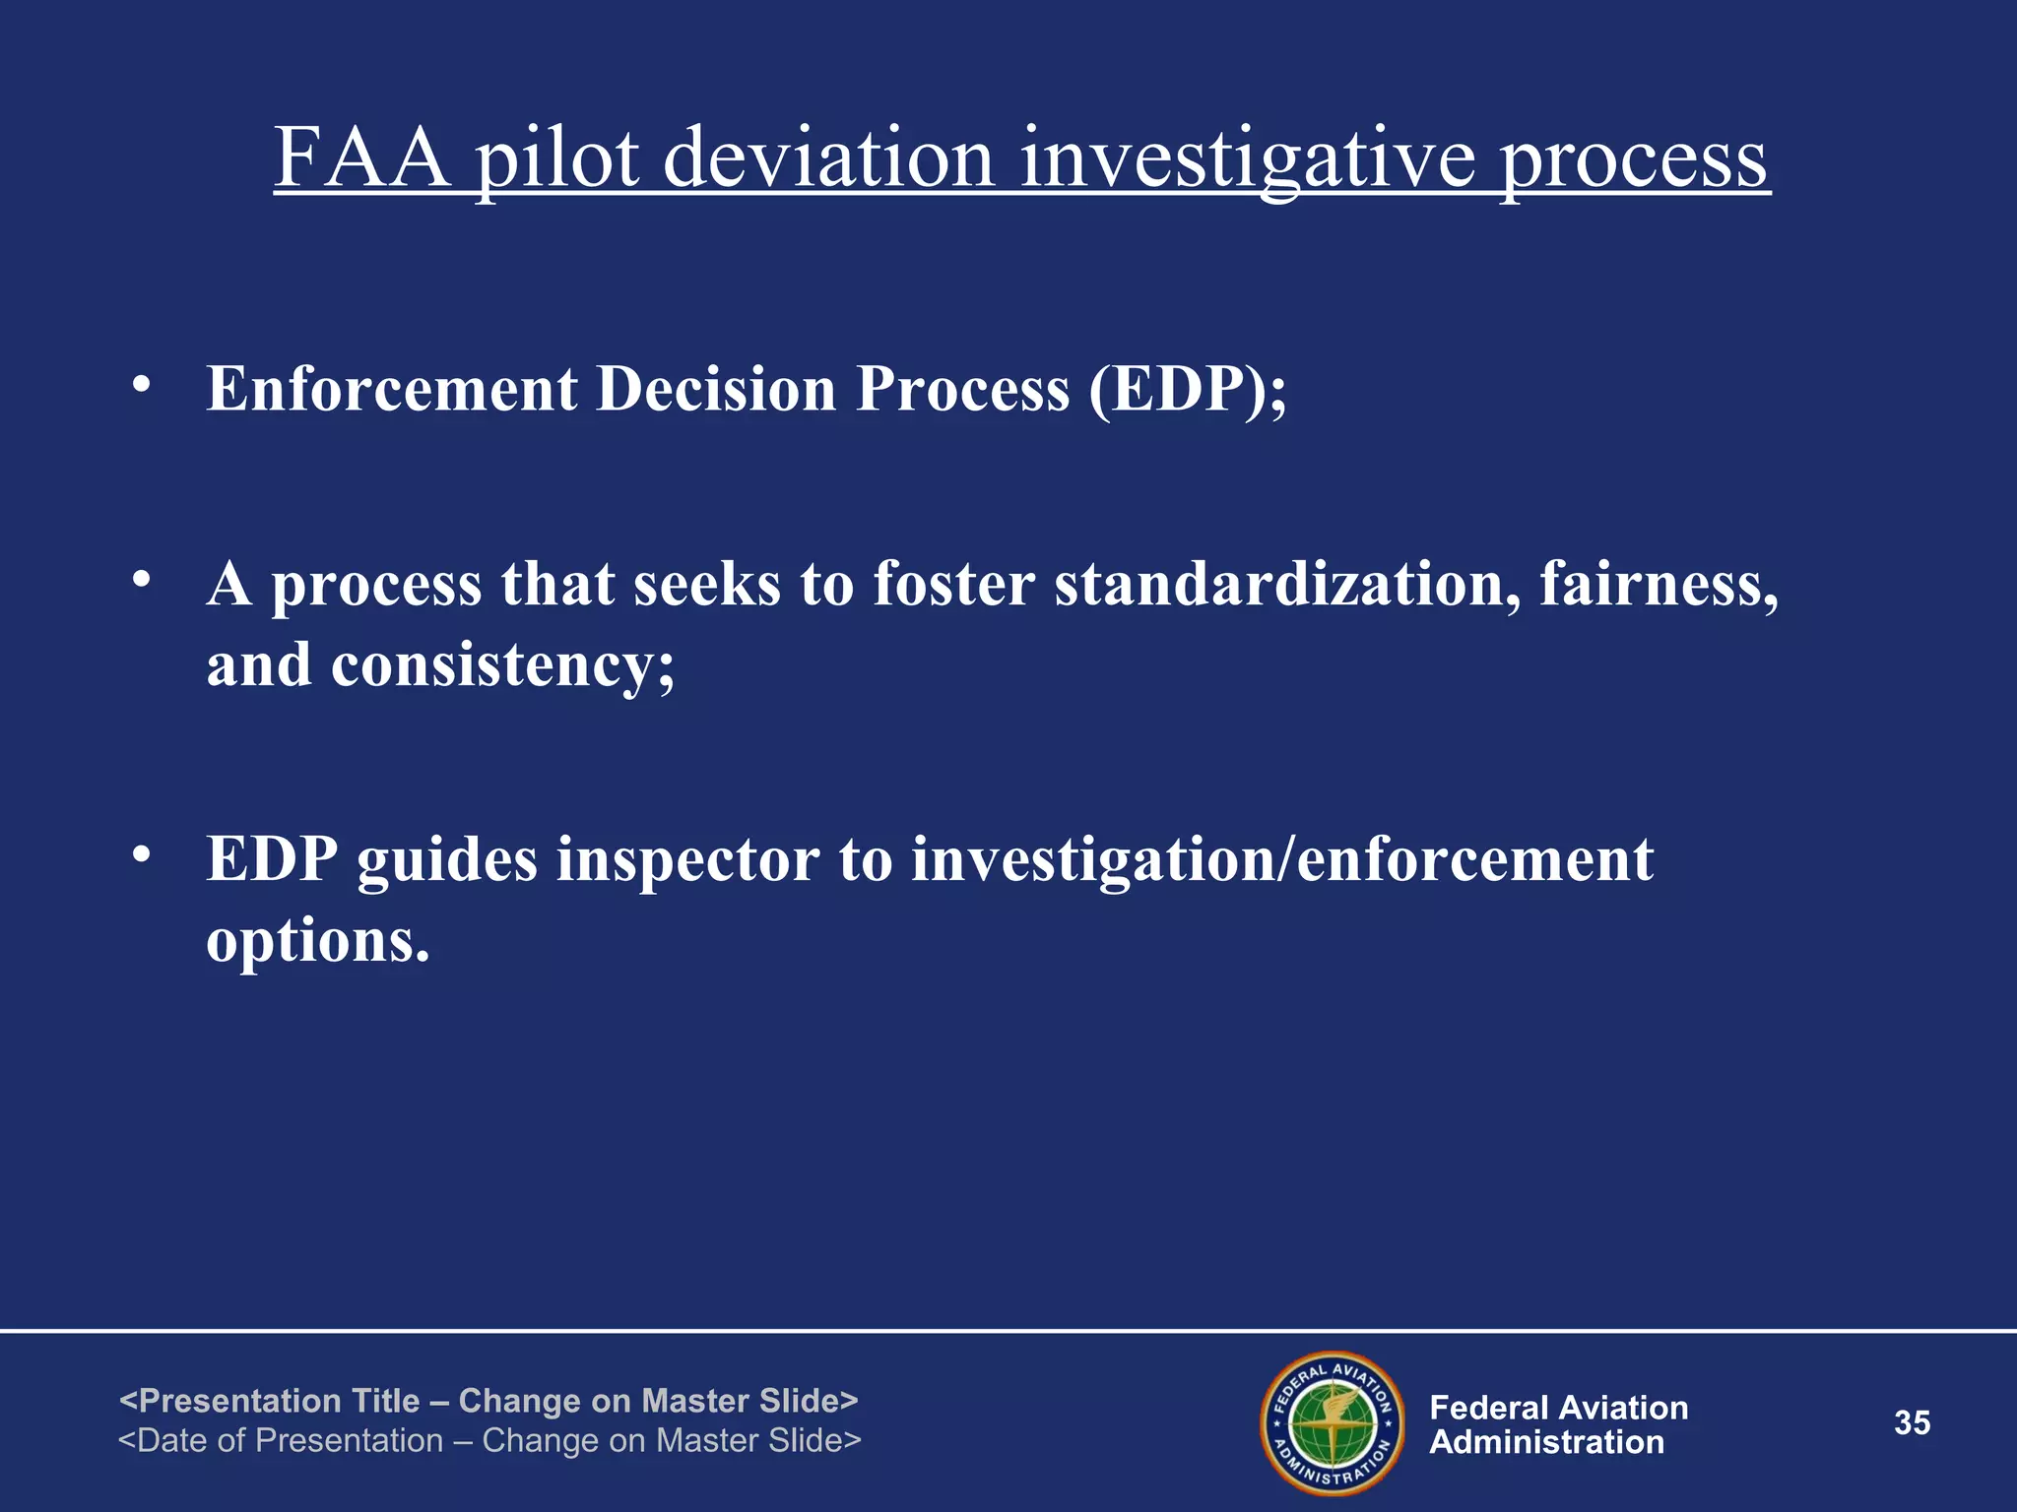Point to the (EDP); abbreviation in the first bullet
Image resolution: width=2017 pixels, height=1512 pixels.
(1187, 390)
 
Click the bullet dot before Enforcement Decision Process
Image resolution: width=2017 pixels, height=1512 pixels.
(143, 385)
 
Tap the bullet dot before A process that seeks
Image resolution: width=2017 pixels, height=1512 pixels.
(143, 581)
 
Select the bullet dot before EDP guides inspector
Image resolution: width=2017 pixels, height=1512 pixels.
(143, 855)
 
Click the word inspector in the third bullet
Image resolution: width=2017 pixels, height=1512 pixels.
(687, 860)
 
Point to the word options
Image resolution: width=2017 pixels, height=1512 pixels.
(317, 942)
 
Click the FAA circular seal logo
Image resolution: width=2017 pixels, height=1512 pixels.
(1333, 1423)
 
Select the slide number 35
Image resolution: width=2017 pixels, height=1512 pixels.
(1912, 1423)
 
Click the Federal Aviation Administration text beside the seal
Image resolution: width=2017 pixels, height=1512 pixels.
(1558, 1424)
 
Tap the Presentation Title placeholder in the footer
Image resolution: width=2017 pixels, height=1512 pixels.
(488, 1400)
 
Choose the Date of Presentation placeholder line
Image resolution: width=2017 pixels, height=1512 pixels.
(489, 1440)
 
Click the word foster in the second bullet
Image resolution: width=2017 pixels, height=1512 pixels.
(953, 584)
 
